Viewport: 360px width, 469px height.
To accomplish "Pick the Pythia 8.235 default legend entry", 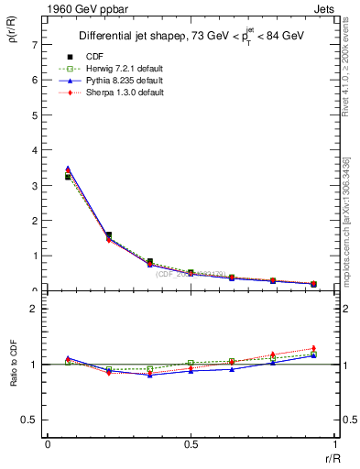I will pos(123,82).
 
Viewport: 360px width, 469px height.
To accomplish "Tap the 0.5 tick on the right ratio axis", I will pos(349,420).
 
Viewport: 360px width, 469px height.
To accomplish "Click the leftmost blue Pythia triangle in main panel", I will pos(68,169).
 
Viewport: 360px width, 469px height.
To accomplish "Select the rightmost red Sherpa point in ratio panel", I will pos(313,348).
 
